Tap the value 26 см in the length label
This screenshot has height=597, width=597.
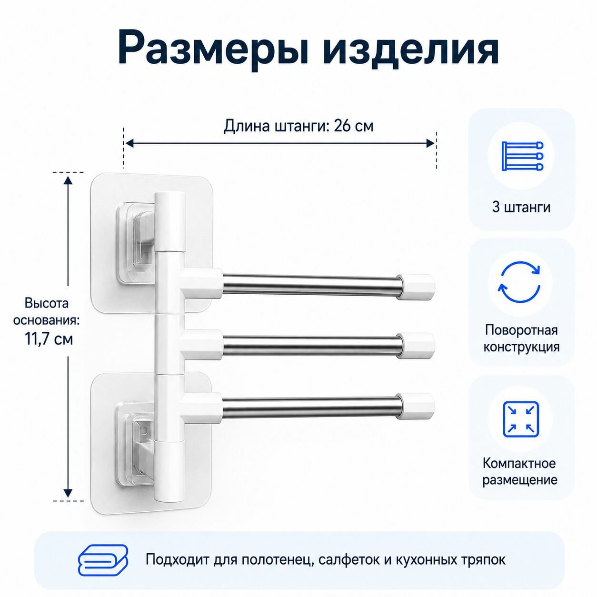(354, 126)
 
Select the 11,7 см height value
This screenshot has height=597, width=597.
(49, 339)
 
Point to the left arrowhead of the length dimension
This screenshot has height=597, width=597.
(129, 143)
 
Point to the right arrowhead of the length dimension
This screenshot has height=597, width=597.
(431, 143)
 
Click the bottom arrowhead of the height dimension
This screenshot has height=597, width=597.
(68, 493)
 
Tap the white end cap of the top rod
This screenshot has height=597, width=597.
(416, 288)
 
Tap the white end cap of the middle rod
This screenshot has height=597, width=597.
(416, 346)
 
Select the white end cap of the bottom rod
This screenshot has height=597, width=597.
(416, 406)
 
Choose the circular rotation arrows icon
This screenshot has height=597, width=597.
(519, 282)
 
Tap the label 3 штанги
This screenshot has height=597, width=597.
(521, 207)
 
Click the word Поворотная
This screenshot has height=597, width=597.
(521, 330)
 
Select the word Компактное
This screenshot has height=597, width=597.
(519, 464)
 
